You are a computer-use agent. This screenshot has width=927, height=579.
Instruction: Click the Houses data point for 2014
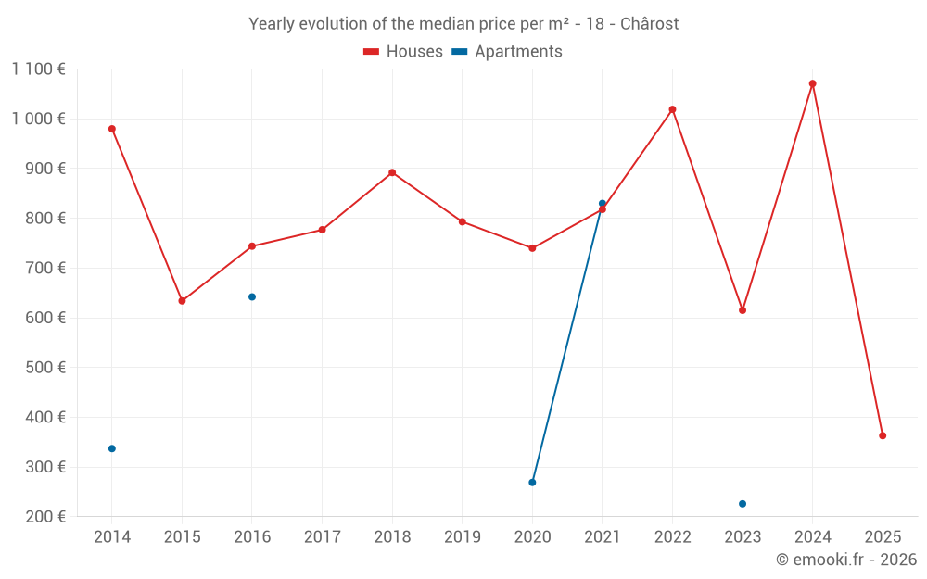pyautogui.click(x=112, y=129)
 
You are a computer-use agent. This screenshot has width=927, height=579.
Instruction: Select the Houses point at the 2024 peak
pyautogui.click(x=812, y=83)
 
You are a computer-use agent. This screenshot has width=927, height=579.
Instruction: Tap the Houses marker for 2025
pyautogui.click(x=883, y=435)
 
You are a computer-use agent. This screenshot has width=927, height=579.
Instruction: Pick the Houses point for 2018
pyautogui.click(x=392, y=172)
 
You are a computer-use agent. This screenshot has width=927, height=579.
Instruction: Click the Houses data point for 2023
pyautogui.click(x=743, y=310)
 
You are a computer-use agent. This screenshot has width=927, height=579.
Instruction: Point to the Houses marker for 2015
pyautogui.click(x=182, y=301)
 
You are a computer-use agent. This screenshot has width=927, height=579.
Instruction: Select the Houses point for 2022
pyautogui.click(x=672, y=109)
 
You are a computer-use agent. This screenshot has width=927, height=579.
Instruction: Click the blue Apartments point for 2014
pyautogui.click(x=112, y=448)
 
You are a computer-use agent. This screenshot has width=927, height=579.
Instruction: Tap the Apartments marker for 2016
pyautogui.click(x=252, y=297)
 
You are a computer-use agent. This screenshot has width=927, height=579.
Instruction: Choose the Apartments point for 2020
pyautogui.click(x=532, y=483)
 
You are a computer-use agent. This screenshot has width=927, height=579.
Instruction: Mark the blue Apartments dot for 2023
pyautogui.click(x=743, y=504)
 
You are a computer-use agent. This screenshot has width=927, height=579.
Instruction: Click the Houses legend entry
pyautogui.click(x=403, y=52)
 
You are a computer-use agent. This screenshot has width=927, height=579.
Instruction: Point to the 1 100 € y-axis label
pyautogui.click(x=39, y=69)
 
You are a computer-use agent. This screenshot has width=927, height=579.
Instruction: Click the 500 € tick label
pyautogui.click(x=44, y=368)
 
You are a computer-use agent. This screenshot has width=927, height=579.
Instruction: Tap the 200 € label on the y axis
pyautogui.click(x=44, y=517)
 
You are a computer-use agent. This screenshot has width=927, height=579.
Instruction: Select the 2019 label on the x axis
pyautogui.click(x=462, y=537)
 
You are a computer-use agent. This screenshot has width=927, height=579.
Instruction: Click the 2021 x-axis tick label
pyautogui.click(x=603, y=537)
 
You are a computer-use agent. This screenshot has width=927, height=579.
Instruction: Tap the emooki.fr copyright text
pyautogui.click(x=846, y=560)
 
